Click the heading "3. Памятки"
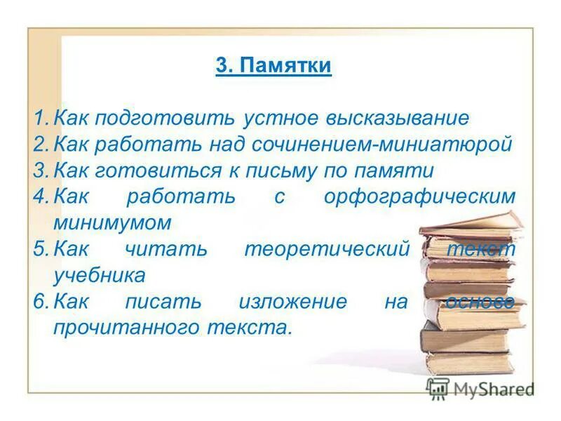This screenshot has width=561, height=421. (273, 67)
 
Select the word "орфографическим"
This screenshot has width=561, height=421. (419, 197)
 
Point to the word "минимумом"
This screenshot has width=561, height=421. (112, 223)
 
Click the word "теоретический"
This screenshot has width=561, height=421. (326, 250)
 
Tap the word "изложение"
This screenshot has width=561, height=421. (292, 302)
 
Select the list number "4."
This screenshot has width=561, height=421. (40, 197)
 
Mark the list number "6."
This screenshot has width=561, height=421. (40, 302)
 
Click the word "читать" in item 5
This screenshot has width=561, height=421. (166, 250)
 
